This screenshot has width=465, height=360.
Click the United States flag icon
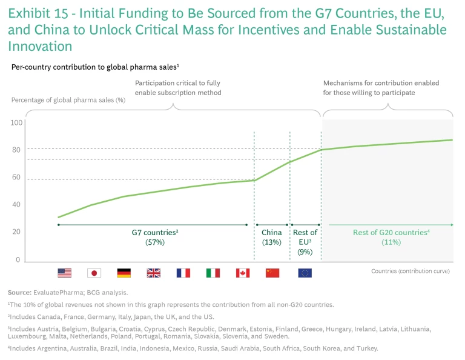(65, 273)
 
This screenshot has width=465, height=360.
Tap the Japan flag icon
(94, 273)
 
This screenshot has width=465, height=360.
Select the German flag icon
(124, 273)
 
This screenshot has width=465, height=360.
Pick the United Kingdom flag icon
(153, 273)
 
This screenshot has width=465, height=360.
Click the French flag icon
(183, 273)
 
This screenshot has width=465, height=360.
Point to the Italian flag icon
(213, 273)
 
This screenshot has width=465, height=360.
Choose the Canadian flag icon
(243, 273)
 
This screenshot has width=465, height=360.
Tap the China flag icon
(272, 273)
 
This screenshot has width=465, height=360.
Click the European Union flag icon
(305, 273)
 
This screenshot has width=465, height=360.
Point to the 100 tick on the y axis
(16, 123)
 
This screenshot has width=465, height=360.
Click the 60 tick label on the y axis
(16, 178)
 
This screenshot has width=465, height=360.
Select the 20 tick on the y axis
(16, 232)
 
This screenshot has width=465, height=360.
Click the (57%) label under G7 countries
(155, 242)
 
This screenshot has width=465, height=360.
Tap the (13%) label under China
(271, 242)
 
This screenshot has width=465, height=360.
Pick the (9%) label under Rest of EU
(305, 252)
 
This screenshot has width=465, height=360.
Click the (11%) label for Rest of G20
(391, 242)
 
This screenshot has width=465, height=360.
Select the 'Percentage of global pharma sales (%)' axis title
(68, 100)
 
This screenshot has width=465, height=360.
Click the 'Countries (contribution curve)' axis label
(410, 271)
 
